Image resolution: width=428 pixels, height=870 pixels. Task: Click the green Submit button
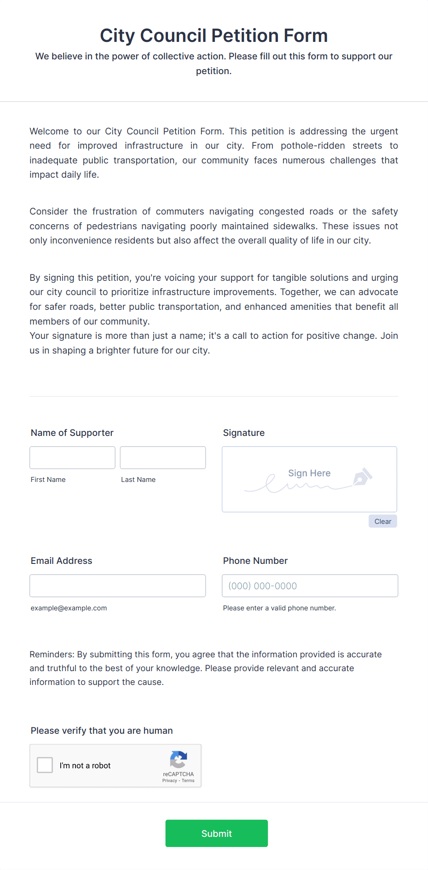click(x=216, y=833)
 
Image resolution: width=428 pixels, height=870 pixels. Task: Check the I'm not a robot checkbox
click(x=45, y=765)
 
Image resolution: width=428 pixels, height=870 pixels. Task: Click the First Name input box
click(x=72, y=458)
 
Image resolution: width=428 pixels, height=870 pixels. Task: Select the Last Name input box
click(x=162, y=458)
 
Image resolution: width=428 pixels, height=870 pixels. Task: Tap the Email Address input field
click(x=117, y=586)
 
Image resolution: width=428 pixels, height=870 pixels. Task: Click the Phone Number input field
click(x=310, y=586)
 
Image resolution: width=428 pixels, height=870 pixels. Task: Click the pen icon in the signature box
click(x=362, y=477)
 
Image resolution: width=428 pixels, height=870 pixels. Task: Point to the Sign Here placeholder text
click(x=309, y=473)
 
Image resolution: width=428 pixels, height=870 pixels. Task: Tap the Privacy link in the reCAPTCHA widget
click(x=169, y=781)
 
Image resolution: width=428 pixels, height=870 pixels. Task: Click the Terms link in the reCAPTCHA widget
click(x=188, y=781)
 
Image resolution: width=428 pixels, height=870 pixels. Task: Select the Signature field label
click(x=244, y=433)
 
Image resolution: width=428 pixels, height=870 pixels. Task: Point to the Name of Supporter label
click(x=72, y=433)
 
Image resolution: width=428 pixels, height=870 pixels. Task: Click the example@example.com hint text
click(x=69, y=608)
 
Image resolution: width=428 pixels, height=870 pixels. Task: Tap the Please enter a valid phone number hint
click(x=279, y=608)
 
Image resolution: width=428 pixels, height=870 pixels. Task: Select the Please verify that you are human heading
click(x=102, y=731)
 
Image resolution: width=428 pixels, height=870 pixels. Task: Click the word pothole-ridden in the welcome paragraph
click(x=312, y=146)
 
